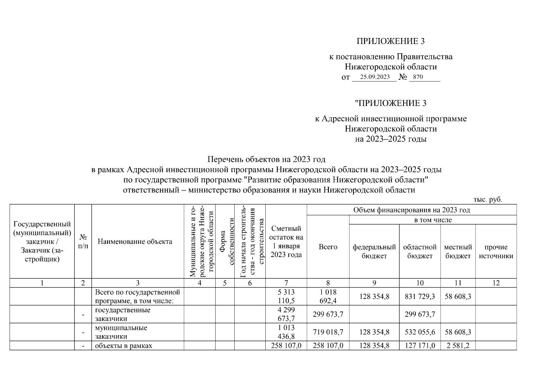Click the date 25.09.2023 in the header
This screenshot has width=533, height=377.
pos(375,77)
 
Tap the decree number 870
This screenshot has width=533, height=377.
pos(418,77)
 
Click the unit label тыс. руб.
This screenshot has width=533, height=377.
pos(488,200)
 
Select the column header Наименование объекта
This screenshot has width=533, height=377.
pos(135,242)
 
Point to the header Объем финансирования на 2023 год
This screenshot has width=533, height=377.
pos(411,210)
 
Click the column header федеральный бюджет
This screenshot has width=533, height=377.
pos(374,251)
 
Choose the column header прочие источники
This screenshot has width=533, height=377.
pos(496,251)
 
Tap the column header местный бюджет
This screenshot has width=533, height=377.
pos(458,251)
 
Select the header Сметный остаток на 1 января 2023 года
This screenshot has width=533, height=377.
pos(286,242)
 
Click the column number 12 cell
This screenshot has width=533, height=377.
pos(496,283)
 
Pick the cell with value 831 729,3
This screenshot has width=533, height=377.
pos(420,297)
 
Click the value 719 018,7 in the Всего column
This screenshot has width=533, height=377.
pos(328,332)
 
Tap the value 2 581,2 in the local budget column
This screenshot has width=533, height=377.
pos(458,346)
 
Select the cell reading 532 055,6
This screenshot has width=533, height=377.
pos(420,332)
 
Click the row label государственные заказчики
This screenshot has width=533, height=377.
pos(122,314)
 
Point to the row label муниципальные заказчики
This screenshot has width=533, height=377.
pos(121,332)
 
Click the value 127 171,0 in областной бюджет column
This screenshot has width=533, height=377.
pos(420,346)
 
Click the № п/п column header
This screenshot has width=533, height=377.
pos(83,242)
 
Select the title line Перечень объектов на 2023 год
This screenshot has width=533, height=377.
pos(266,159)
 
